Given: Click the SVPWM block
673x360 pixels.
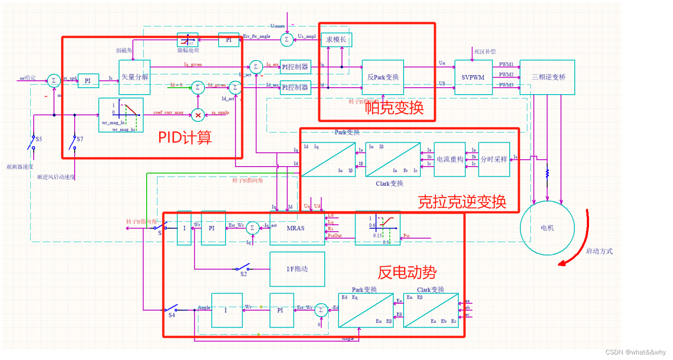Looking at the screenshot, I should coord(473,77).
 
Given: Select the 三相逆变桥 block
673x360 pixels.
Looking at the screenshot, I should coord(548,77).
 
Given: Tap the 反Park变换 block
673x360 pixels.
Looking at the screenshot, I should coord(382,77).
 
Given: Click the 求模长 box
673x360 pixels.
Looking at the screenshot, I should coord(336,40).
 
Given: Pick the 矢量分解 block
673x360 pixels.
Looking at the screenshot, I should coord(135,77).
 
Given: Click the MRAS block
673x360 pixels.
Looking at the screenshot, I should coord(297,228).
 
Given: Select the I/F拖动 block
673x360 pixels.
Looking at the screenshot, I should coord(297,269).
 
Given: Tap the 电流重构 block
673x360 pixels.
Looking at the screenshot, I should coord(450,159).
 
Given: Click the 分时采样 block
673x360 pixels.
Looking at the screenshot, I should coord(494,159).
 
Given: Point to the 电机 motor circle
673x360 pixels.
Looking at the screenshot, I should coord(547,228).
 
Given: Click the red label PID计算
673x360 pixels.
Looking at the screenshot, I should coord(185,137).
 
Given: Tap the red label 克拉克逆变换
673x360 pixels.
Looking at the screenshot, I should coord(462,202).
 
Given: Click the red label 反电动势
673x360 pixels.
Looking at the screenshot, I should coord(407,272).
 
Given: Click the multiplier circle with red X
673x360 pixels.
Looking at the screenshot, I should coord(198,115).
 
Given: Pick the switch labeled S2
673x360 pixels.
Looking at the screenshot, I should coord(243,268).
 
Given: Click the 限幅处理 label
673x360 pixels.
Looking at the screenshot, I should coord(188,50).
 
